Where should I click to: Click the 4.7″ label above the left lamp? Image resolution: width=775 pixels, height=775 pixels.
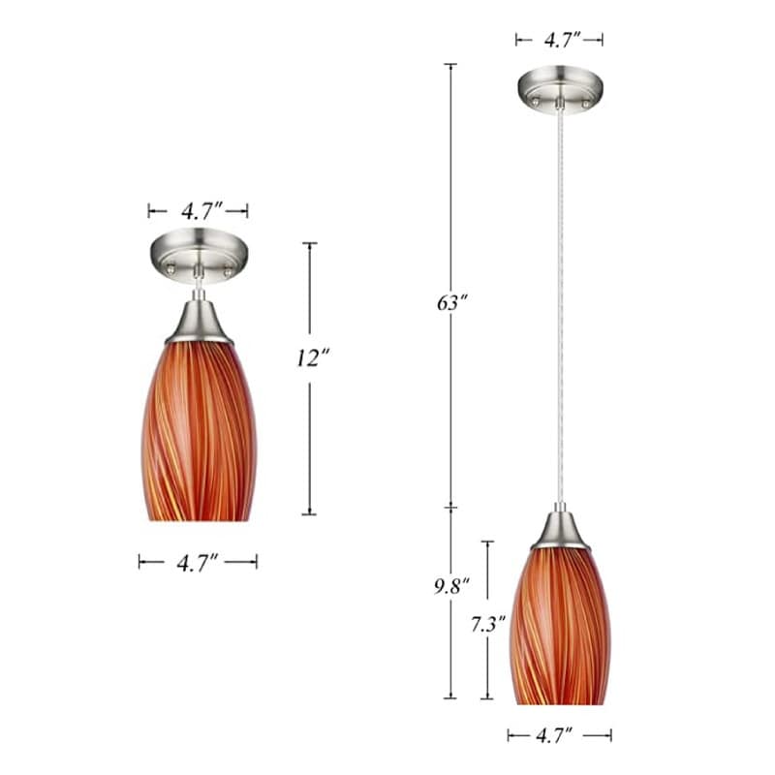pyautogui.click(x=200, y=210)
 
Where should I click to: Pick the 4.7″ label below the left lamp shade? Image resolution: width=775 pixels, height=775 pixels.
pyautogui.click(x=198, y=561)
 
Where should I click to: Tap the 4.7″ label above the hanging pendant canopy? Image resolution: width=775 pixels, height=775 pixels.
pyautogui.click(x=560, y=40)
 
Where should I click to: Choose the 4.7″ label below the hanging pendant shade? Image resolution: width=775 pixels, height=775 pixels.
pyautogui.click(x=559, y=735)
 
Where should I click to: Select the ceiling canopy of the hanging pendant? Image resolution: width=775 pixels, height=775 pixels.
pyautogui.click(x=560, y=87)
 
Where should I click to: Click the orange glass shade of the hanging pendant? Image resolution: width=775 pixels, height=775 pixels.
pyautogui.click(x=560, y=625)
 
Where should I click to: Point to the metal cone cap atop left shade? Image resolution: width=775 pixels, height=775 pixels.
pyautogui.click(x=199, y=324)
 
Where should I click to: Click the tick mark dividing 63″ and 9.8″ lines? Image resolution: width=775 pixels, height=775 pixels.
pyautogui.click(x=450, y=508)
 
